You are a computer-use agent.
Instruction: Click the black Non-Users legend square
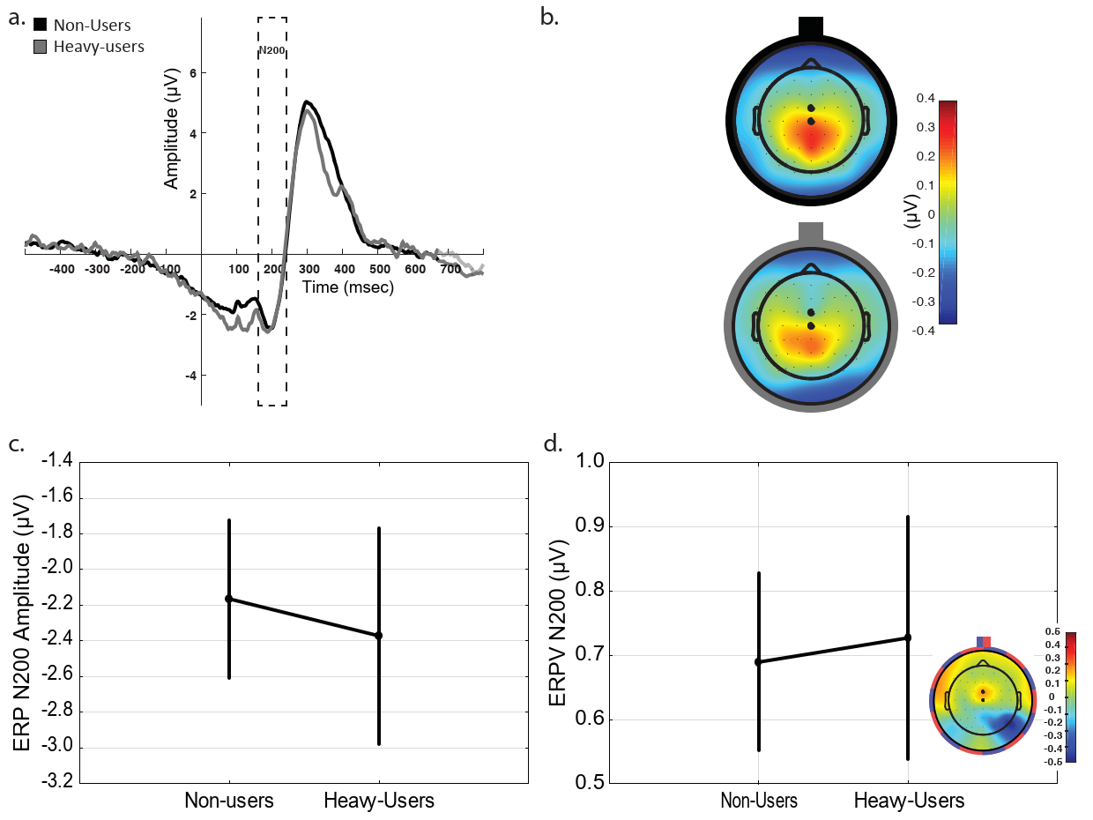pos(39,26)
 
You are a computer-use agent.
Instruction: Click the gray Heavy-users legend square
pos(39,45)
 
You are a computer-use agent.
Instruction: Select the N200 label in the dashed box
pos(271,51)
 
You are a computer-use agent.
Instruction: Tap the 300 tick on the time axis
pos(309,268)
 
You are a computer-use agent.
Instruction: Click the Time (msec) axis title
pos(347,287)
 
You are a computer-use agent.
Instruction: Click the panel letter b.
pos(550,17)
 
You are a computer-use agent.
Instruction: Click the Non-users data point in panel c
pos(229,599)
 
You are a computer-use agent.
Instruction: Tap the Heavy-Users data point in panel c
pos(379,635)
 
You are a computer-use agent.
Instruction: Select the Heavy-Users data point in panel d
pos(908,637)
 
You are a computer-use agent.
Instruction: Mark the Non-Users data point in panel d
pos(758,661)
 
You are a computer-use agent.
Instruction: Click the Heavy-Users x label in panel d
pos(909,801)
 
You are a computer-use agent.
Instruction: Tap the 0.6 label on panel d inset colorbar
pos(1052,631)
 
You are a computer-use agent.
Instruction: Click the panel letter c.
pos(16,444)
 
